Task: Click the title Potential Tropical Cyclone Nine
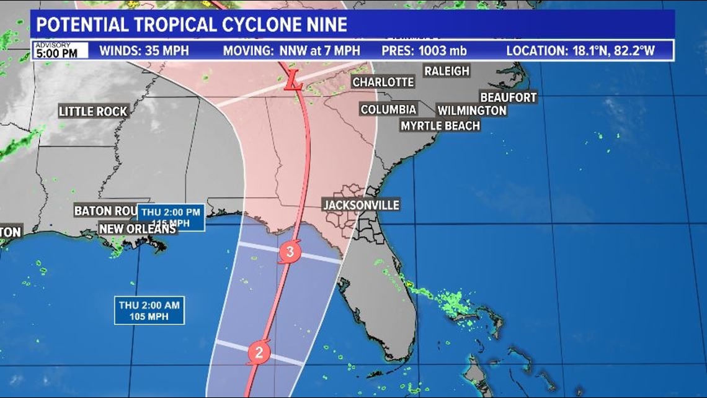click(x=192, y=24)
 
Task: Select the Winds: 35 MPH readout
click(x=144, y=51)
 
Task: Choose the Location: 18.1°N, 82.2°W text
click(x=580, y=51)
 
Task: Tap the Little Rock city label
click(x=93, y=112)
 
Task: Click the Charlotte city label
click(x=383, y=82)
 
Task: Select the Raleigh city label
click(x=447, y=71)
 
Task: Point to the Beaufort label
click(x=508, y=97)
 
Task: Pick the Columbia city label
click(x=389, y=110)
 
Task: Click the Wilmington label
click(x=472, y=111)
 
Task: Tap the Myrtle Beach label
click(x=440, y=125)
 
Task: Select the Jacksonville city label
click(x=361, y=205)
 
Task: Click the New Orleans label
click(x=138, y=229)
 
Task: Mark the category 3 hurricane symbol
click(x=290, y=252)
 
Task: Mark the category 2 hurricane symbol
click(x=259, y=353)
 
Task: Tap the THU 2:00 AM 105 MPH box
click(x=149, y=310)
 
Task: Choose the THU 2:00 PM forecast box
click(x=171, y=217)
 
